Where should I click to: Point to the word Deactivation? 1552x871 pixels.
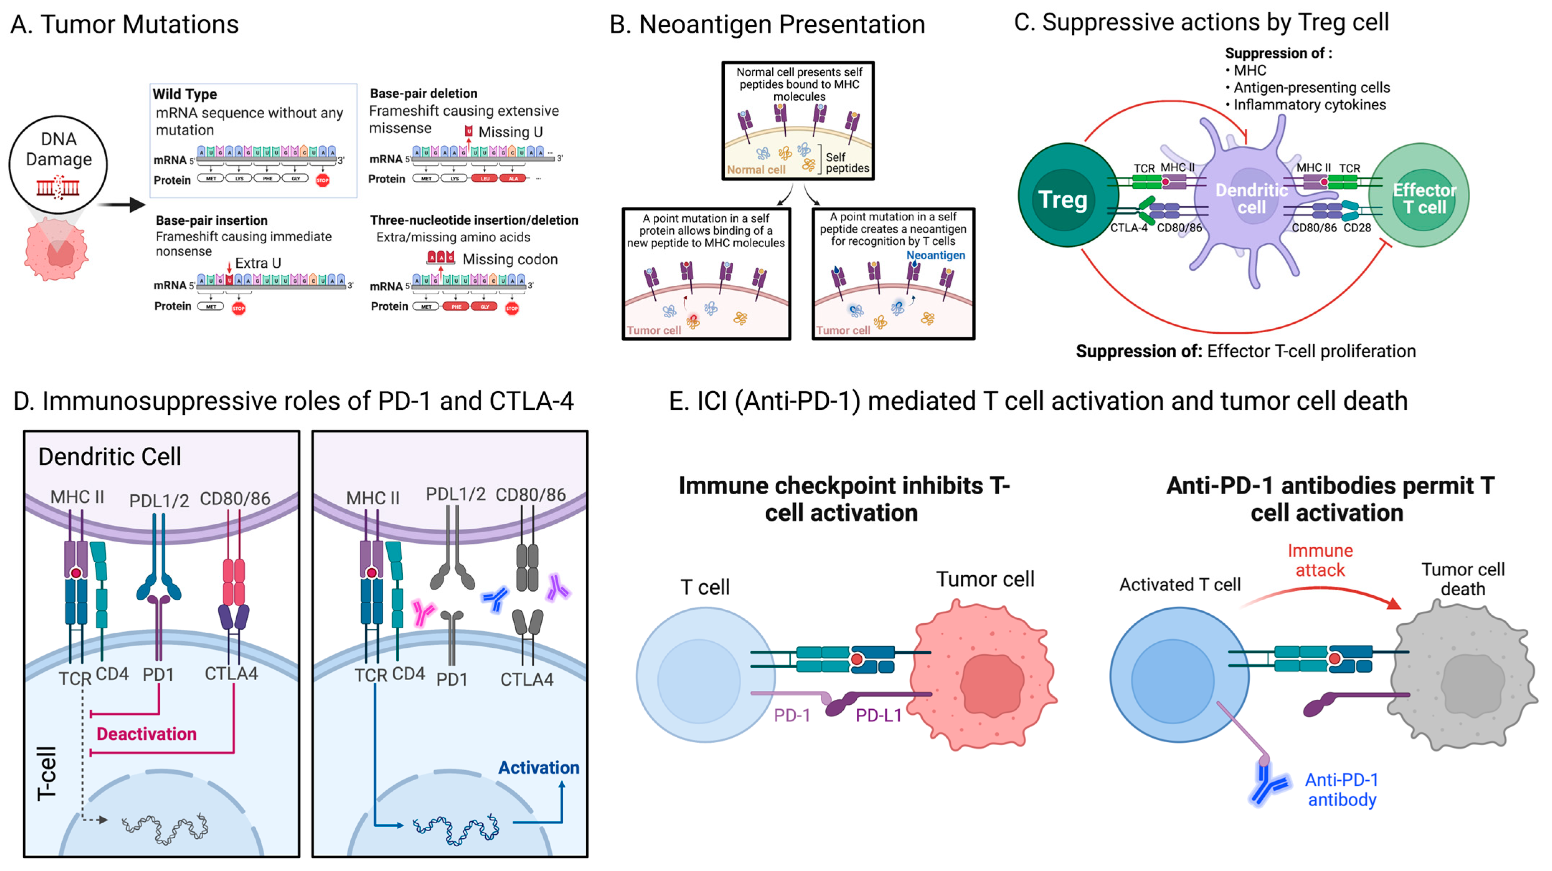[x=146, y=734]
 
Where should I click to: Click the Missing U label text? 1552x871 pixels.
[x=510, y=132]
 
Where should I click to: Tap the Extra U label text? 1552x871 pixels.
[x=258, y=263]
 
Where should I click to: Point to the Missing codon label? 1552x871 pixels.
[x=510, y=260]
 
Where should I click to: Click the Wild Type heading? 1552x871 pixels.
[x=185, y=94]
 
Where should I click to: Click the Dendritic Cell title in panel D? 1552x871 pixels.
[x=109, y=457]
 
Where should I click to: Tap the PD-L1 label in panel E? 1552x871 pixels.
[x=879, y=715]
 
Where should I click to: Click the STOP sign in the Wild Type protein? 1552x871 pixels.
[x=322, y=180]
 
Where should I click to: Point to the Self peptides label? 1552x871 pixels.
[x=847, y=163]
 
